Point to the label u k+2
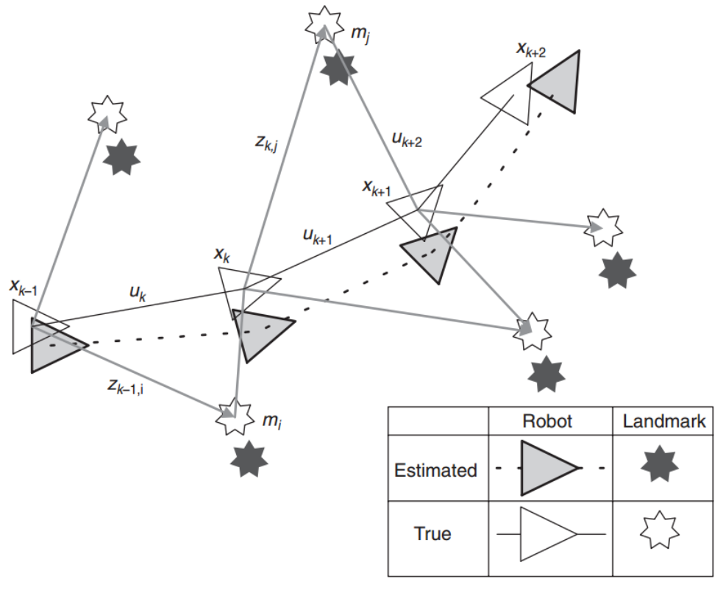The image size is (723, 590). coord(407,139)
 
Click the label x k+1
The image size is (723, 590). coord(377,188)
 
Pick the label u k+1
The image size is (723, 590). coord(318,236)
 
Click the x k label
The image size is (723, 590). coord(222,255)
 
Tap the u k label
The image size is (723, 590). coord(138,294)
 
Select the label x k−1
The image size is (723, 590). coord(24,288)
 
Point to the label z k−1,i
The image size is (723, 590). coord(126,386)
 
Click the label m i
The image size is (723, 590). coord(271,422)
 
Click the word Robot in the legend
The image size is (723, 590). coord(547,421)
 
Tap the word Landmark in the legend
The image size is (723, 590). coord(664,421)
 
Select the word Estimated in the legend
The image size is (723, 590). coord(435,470)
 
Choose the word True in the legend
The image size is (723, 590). coord(432,533)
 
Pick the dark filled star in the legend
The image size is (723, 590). coord(660,464)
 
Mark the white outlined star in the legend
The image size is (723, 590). coord(660,530)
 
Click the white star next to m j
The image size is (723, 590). coord(324,24)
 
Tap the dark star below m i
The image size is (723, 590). coord(249,458)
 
